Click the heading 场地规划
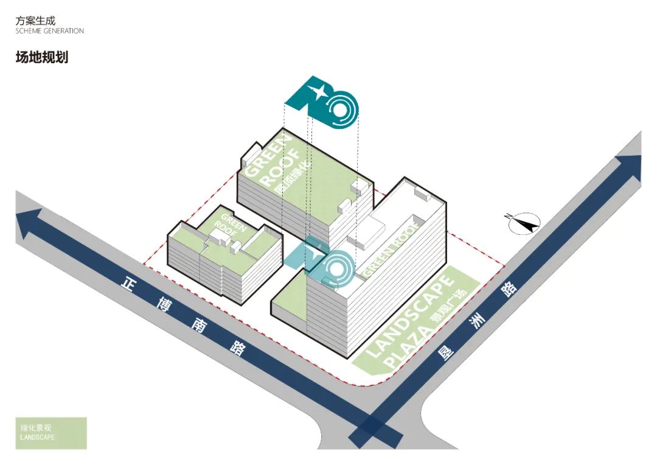41,58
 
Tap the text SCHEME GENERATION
50,31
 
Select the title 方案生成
35,20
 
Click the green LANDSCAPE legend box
51,433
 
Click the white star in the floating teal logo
317,93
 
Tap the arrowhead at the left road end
28,224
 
